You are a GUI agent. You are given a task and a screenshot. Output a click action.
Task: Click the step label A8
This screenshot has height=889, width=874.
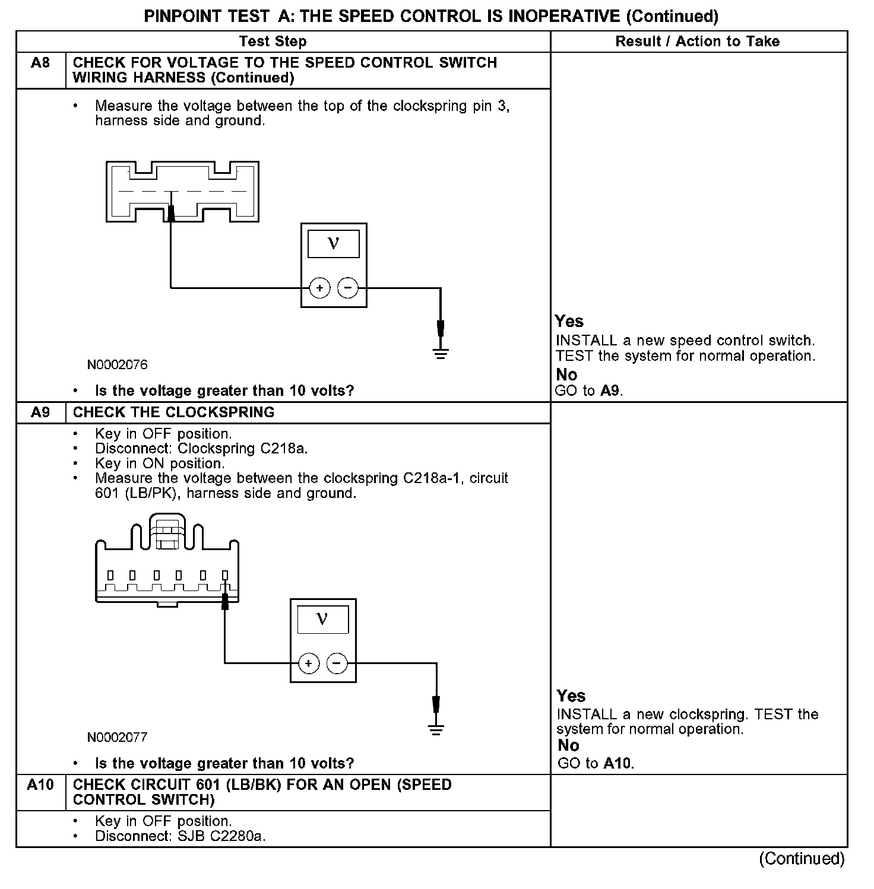40,63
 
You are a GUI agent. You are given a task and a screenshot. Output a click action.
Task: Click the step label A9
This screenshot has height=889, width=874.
40,412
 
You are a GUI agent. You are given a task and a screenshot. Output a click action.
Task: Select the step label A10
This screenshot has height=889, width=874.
40,785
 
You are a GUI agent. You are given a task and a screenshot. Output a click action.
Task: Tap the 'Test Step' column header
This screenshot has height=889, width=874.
273,42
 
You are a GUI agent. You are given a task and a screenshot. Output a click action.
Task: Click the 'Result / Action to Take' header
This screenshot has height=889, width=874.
698,42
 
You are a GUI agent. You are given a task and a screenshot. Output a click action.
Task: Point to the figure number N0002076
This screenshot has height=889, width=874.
118,364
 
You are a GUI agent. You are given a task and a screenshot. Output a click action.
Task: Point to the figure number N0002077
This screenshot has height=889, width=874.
118,737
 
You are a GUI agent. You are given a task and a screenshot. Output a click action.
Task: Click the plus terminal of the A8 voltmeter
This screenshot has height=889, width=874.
319,288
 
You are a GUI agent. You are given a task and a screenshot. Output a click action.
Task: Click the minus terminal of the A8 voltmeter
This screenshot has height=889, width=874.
348,288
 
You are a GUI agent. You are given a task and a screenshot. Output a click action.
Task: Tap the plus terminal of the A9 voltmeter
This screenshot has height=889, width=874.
309,663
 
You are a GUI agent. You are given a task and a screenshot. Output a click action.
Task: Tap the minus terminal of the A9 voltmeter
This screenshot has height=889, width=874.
337,663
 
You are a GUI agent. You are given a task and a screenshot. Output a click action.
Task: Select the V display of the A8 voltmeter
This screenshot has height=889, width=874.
334,243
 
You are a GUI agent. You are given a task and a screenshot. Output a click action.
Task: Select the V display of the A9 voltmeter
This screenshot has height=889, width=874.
322,619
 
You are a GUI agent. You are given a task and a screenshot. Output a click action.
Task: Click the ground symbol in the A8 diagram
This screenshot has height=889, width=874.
441,354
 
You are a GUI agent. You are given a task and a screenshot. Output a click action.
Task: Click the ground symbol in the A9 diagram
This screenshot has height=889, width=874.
436,729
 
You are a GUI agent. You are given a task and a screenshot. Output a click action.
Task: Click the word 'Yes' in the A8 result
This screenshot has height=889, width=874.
569,322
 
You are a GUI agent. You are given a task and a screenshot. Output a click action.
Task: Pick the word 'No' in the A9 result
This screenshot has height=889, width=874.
569,745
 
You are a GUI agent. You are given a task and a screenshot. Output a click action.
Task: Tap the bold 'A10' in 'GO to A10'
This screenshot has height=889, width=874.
618,763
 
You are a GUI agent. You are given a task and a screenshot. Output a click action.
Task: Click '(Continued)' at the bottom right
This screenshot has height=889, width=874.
802,859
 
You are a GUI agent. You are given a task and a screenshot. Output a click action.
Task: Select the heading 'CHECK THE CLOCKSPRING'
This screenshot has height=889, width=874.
173,412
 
